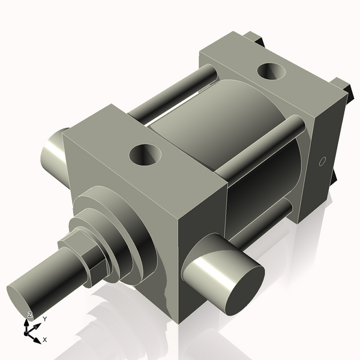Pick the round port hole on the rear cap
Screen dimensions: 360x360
[x=272, y=72]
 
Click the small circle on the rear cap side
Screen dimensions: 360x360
[x=322, y=161]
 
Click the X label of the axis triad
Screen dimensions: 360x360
[x=45, y=340]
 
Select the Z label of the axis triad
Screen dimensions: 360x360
[x=29, y=315]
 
